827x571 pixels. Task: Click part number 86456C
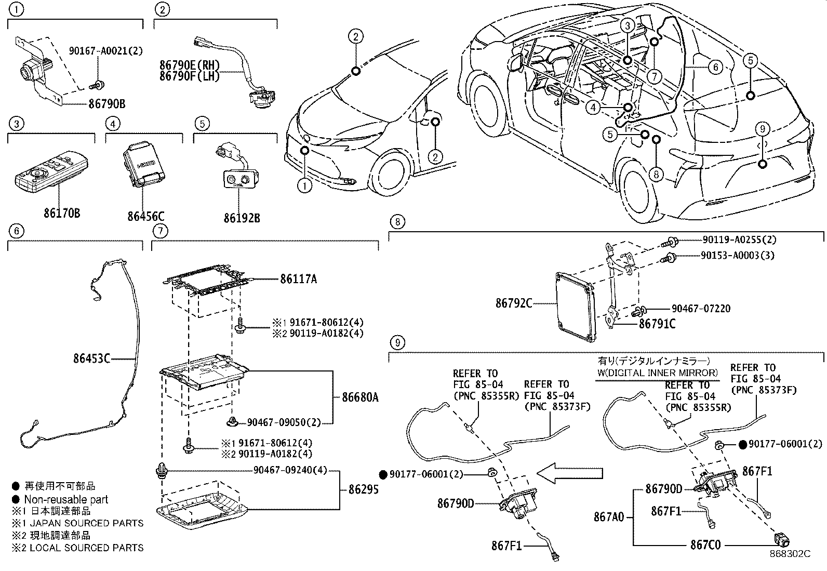click(x=146, y=216)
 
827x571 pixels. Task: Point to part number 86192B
click(x=242, y=218)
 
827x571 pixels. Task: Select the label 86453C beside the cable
click(x=91, y=358)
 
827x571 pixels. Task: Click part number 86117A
click(x=298, y=279)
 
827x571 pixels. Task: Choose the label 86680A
click(x=360, y=397)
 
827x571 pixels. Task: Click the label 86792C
click(x=513, y=303)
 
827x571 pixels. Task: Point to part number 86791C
click(x=657, y=324)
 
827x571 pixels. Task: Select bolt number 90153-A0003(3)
click(x=737, y=255)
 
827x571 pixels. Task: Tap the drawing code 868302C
click(x=790, y=554)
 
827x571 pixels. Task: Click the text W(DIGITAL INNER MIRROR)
click(x=657, y=373)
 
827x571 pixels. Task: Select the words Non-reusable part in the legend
click(x=66, y=499)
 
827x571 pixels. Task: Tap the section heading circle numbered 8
click(x=397, y=222)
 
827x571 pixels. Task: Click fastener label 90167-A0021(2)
click(x=105, y=51)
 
